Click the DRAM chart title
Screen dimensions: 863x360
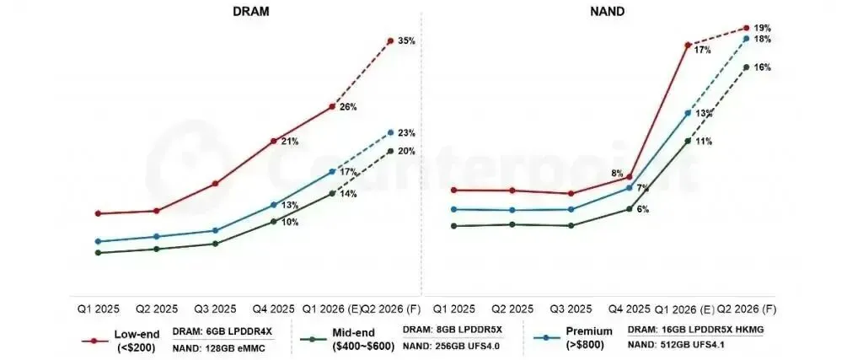250,12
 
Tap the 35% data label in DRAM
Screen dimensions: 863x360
406,41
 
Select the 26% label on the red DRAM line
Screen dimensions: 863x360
348,107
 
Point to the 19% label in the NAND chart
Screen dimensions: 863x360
762,28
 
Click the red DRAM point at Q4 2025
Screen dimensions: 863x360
273,142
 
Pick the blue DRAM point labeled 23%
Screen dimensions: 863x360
390,132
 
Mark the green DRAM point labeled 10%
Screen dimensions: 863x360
273,221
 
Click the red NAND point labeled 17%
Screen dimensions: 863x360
688,46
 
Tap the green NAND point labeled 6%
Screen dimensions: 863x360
630,209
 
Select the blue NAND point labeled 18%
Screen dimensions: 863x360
747,39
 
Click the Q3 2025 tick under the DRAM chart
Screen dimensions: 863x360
215,309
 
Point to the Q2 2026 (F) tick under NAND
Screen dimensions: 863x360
745,309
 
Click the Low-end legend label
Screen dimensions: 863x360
137,334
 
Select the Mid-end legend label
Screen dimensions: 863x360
353,333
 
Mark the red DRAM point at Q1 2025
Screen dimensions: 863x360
98,213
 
